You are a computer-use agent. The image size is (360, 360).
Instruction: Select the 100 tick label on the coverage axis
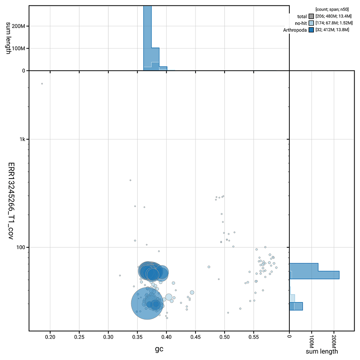tap(18, 247)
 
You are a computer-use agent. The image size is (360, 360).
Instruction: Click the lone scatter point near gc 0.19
tap(42, 84)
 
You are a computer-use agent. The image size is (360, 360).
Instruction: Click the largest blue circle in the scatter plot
tap(147, 303)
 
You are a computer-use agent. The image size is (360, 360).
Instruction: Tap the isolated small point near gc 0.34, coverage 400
tap(130, 180)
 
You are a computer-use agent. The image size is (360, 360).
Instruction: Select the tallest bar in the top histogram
tap(147, 38)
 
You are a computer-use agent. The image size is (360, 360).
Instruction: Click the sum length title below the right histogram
tap(321, 351)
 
